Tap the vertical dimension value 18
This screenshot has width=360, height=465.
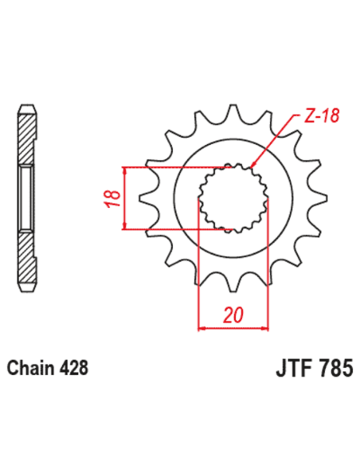pyautogui.click(x=112, y=199)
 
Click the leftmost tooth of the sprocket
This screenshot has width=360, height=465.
pyautogui.click(x=146, y=199)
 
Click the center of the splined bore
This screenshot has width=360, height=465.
pyautogui.click(x=233, y=199)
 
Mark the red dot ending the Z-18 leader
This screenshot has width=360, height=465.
pyautogui.click(x=254, y=166)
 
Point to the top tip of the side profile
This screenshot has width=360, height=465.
pyautogui.click(x=27, y=107)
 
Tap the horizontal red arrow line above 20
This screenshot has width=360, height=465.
pyautogui.click(x=233, y=326)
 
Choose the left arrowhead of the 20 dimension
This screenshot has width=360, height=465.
pyautogui.click(x=202, y=326)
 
